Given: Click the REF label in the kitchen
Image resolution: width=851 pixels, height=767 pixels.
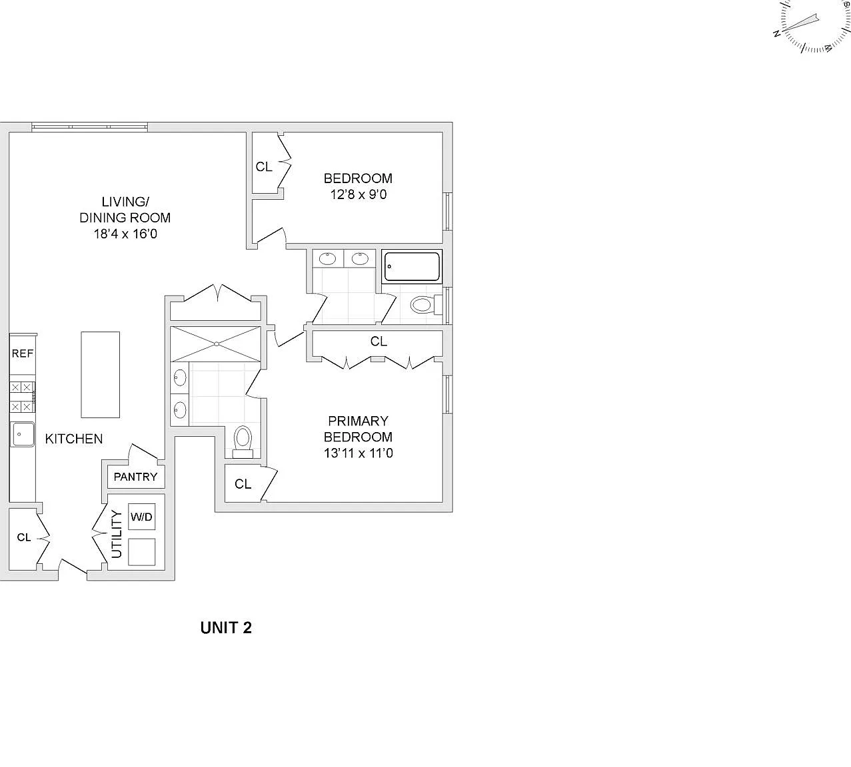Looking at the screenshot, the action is (22, 353).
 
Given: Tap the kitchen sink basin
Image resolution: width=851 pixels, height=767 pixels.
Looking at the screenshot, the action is (23, 434).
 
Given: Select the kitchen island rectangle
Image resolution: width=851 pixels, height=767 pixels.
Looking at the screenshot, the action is (101, 374).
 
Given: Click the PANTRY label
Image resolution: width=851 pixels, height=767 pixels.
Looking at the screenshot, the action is (135, 477).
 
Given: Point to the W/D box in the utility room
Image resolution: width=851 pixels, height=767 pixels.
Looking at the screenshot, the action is (142, 517).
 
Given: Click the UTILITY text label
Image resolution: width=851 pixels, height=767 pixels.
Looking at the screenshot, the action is (116, 534).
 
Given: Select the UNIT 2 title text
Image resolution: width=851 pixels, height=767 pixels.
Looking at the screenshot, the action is (226, 627).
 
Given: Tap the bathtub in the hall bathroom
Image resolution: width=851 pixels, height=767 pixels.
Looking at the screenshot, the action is (411, 267).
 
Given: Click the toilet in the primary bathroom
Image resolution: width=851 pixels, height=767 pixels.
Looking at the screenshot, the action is (243, 442).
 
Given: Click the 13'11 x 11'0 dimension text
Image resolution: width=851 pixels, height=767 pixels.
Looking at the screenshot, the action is (359, 453).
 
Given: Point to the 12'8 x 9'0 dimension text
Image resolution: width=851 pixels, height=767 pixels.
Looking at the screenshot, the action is (359, 194).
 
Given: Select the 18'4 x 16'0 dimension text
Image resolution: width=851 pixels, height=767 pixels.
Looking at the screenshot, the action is (125, 234).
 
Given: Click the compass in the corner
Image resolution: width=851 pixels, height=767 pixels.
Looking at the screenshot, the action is (812, 26).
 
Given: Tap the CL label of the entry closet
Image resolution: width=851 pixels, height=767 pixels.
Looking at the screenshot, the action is (24, 537).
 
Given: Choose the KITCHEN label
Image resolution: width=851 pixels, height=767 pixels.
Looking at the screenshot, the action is (74, 439).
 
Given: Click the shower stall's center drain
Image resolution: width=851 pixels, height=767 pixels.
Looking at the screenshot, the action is (217, 344).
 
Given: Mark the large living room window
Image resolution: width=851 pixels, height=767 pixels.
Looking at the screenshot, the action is (89, 127).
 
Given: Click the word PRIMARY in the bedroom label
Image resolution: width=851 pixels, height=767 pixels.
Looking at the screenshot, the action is (358, 421).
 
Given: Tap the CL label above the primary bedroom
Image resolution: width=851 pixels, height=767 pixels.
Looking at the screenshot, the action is (379, 342).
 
